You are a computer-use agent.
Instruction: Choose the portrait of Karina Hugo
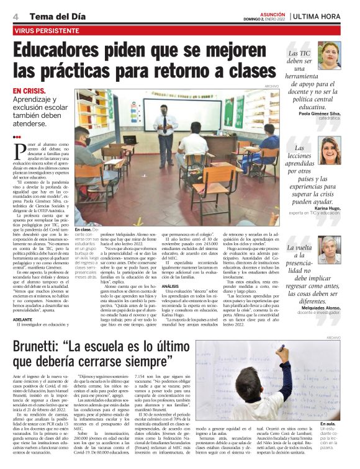[x=330, y=151]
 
